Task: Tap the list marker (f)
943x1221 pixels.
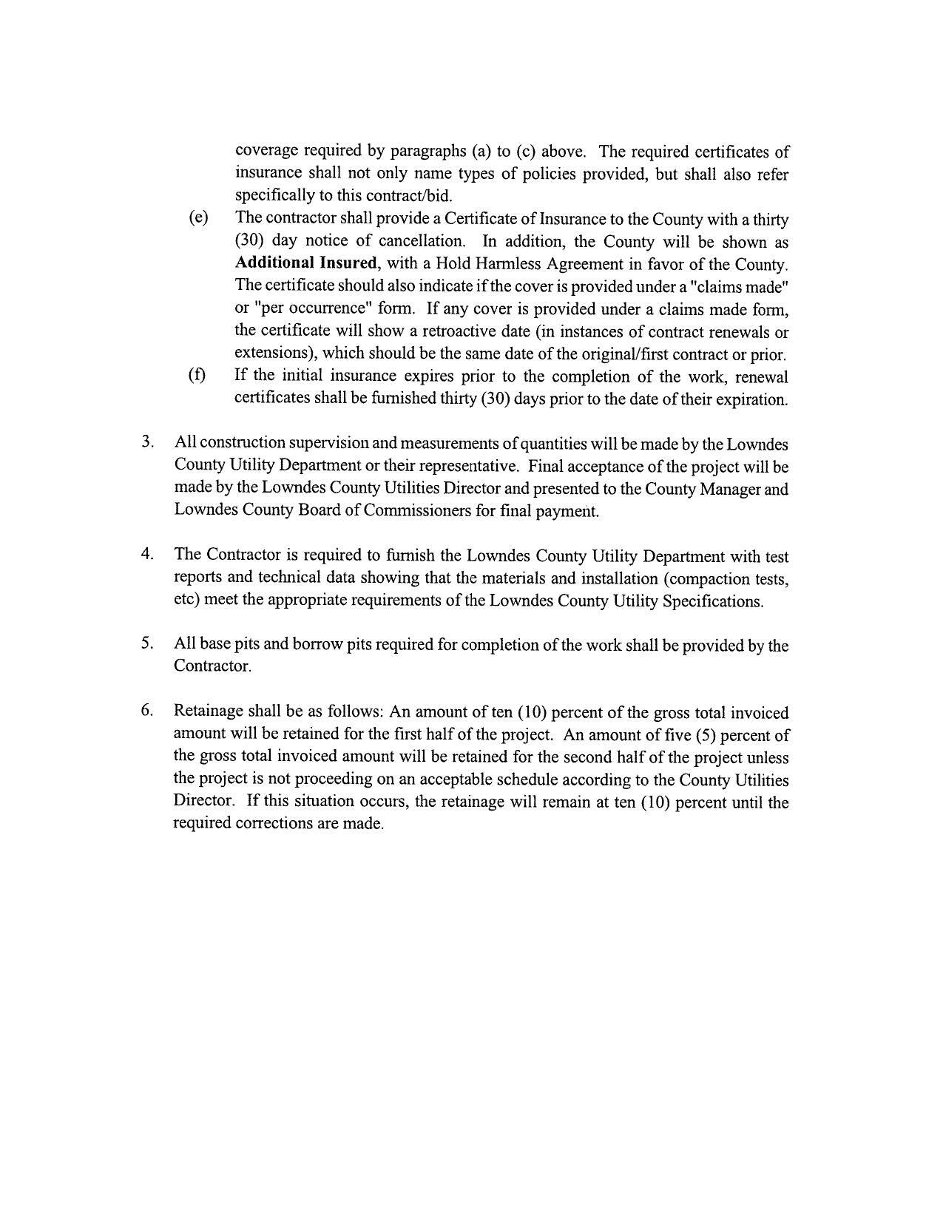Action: (197, 375)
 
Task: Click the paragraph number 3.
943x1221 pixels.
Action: (147, 442)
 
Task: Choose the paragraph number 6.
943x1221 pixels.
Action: (147, 711)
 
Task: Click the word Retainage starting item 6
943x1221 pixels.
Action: (208, 711)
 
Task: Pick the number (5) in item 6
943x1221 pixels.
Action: (705, 735)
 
